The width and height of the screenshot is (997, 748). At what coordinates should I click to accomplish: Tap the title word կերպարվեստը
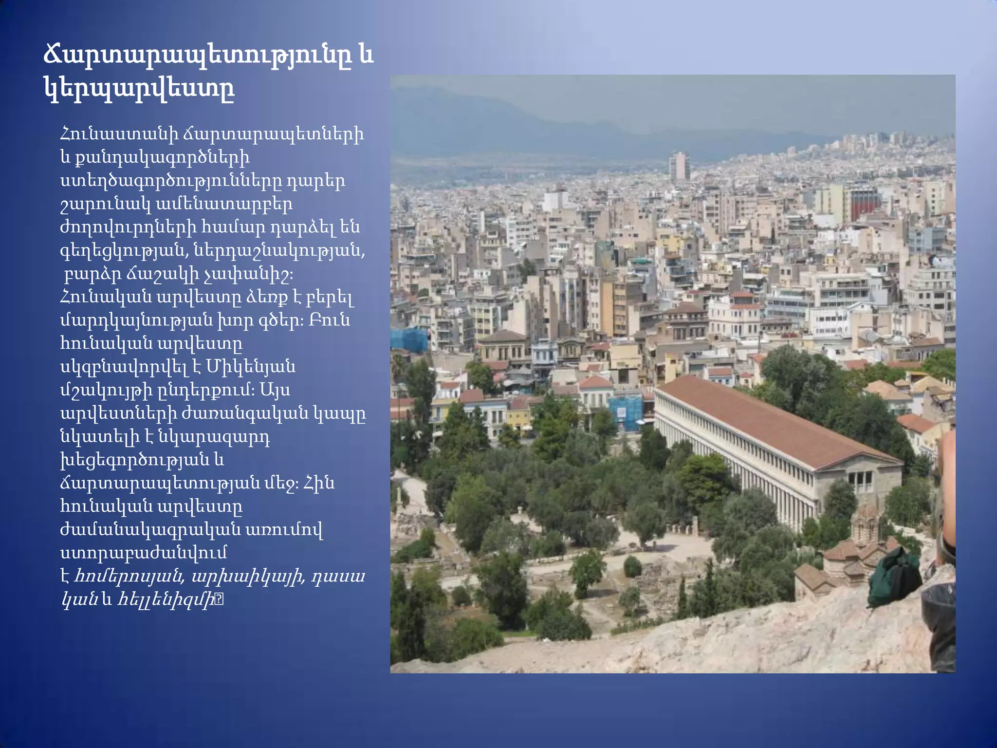(x=139, y=89)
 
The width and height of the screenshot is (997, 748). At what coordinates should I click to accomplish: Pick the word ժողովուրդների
(x=129, y=227)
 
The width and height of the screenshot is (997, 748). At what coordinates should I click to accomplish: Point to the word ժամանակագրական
(x=149, y=530)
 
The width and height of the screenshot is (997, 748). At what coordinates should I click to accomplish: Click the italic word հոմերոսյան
(x=129, y=577)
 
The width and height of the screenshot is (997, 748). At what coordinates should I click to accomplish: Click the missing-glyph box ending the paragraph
(x=219, y=600)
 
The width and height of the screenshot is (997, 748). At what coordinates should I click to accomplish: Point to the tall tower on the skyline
(x=679, y=166)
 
